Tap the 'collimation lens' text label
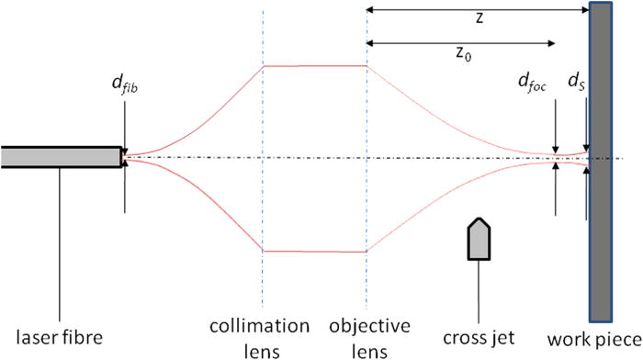coord(262,335)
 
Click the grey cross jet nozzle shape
coord(479,239)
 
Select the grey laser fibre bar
coord(61,157)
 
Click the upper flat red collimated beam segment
coord(314,66)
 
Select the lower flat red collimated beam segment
coord(314,251)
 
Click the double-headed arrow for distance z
coord(478,10)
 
